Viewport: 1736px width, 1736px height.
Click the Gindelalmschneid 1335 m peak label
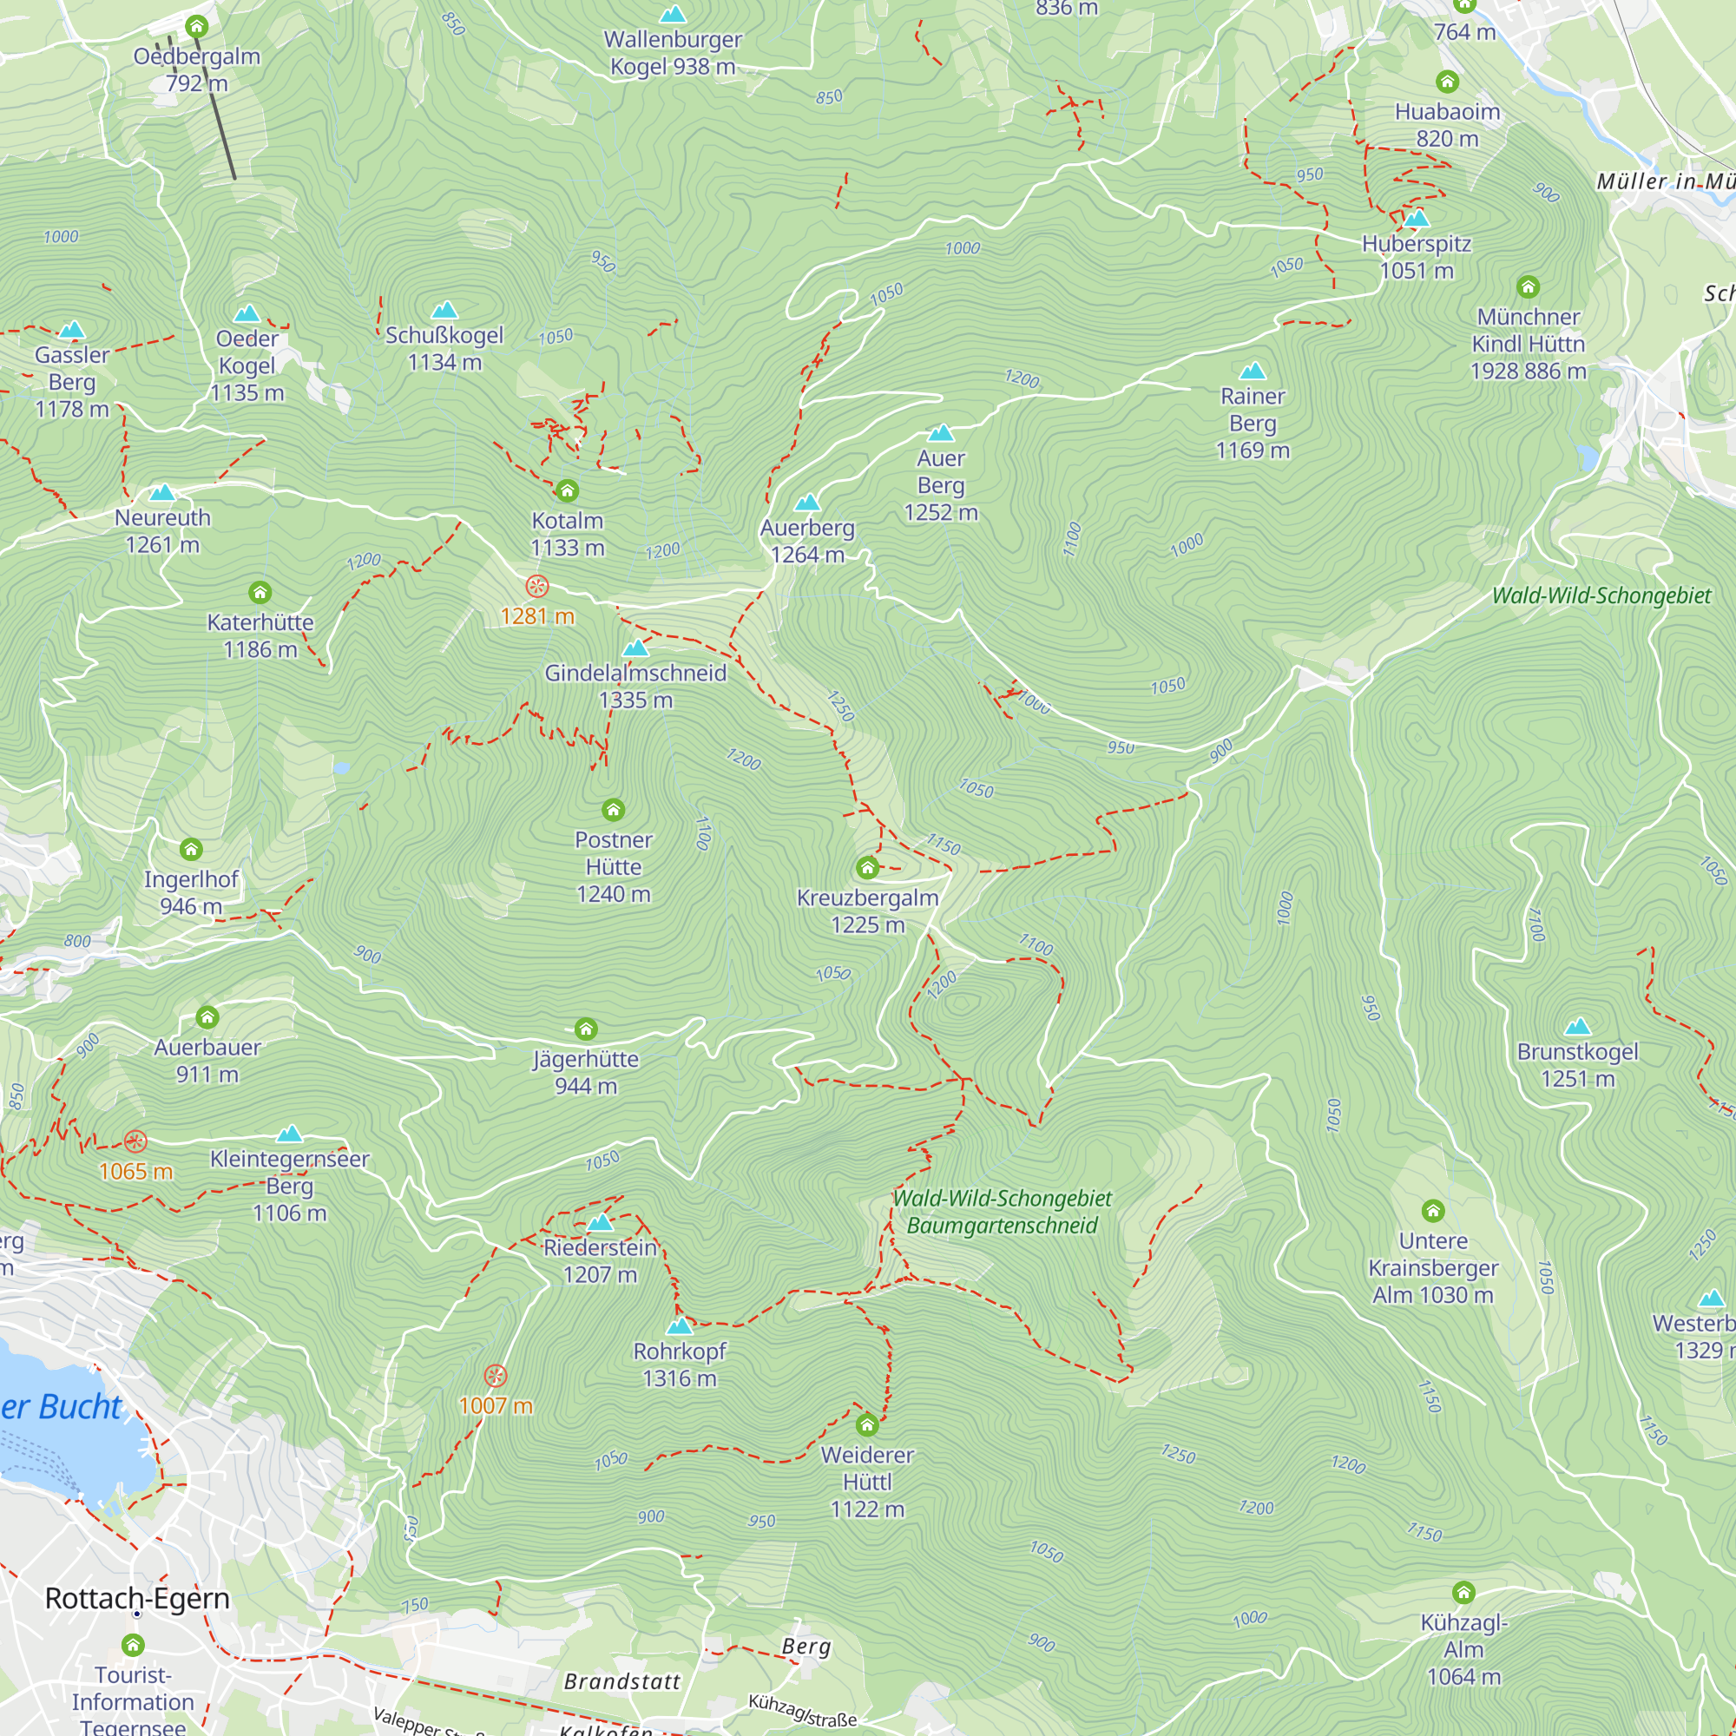tap(635, 687)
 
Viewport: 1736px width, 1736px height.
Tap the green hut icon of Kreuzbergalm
tap(867, 867)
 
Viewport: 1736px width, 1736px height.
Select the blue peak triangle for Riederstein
tap(601, 1223)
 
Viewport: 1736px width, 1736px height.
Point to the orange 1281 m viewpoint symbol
tap(536, 587)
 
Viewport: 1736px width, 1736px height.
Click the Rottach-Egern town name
tap(137, 1599)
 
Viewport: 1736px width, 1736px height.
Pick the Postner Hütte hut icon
tap(614, 811)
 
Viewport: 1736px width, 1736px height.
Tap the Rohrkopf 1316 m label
tap(680, 1364)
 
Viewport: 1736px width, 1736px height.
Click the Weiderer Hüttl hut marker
tap(867, 1425)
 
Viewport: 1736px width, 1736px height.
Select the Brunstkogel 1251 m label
tap(1578, 1065)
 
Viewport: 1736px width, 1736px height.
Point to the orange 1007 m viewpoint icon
tap(495, 1376)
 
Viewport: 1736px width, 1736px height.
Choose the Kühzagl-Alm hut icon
tap(1463, 1593)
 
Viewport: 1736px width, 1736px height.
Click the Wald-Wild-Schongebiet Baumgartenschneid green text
tap(1002, 1212)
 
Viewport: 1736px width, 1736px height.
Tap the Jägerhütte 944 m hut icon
tap(586, 1029)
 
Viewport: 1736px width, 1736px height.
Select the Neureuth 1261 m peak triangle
tap(161, 492)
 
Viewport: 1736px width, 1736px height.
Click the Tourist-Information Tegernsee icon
tap(133, 1645)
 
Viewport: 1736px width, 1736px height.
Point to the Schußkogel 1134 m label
tap(444, 349)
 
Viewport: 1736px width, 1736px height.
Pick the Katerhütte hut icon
tap(260, 592)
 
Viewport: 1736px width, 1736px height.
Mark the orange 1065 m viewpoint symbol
tap(135, 1141)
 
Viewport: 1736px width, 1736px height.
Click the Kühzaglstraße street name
tap(801, 1711)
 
